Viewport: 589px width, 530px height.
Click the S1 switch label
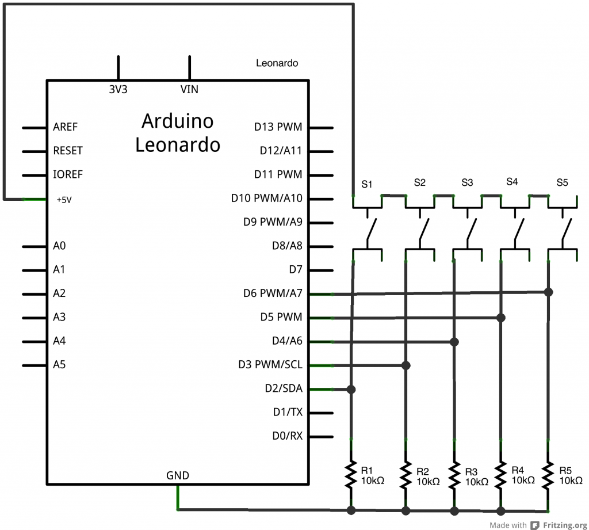point(367,184)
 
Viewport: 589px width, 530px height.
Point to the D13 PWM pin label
point(278,127)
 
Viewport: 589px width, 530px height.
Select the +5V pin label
point(64,200)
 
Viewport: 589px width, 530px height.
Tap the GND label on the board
point(178,475)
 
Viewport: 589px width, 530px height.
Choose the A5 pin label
point(59,364)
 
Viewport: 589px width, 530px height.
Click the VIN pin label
point(190,89)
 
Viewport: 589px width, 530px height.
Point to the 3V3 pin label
point(118,89)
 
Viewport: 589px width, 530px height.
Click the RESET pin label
point(68,151)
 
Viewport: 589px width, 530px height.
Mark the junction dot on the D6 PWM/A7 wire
point(549,292)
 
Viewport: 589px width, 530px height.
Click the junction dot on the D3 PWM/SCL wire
point(406,365)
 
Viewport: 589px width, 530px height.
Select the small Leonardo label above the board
point(277,63)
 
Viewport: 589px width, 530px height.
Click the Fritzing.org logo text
point(565,525)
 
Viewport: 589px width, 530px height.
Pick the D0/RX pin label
point(288,436)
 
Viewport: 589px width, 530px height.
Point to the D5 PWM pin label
point(281,317)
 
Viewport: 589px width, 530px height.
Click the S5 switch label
point(562,183)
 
